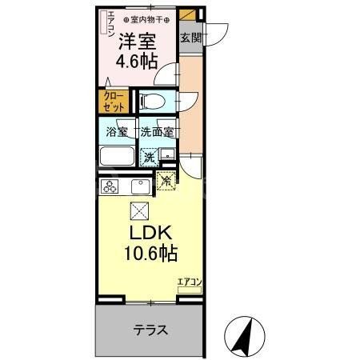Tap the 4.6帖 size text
[137, 62]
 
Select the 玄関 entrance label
[190, 38]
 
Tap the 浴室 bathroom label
[117, 132]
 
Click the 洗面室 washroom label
[157, 132]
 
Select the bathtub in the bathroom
[118, 156]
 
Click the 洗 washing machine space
[149, 157]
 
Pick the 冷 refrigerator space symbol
[166, 182]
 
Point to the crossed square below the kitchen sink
[138, 211]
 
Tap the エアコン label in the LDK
[190, 282]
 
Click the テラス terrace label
[150, 330]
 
